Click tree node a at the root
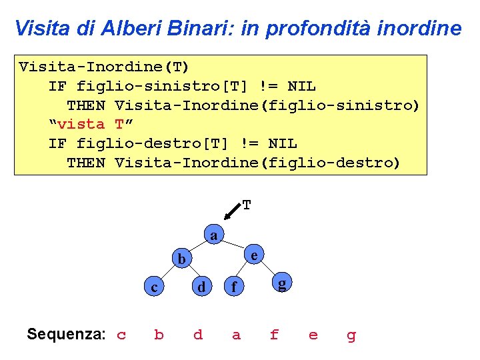(x=213, y=235)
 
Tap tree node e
(x=254, y=254)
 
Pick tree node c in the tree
(x=154, y=287)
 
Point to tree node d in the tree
(x=199, y=287)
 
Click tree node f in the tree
(x=233, y=288)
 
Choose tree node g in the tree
(x=282, y=284)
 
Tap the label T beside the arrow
(x=247, y=205)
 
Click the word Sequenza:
(x=65, y=334)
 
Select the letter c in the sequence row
(x=121, y=335)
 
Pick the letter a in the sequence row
(x=236, y=335)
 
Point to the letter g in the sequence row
(x=351, y=335)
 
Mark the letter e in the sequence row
(x=313, y=335)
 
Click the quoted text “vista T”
(x=87, y=124)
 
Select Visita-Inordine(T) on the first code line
(x=104, y=67)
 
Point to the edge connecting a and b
(x=197, y=247)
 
